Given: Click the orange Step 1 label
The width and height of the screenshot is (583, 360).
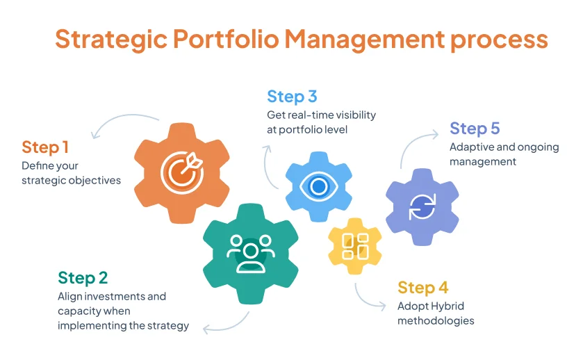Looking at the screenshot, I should click(45, 147).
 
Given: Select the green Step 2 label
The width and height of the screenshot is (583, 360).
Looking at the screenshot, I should click(83, 278).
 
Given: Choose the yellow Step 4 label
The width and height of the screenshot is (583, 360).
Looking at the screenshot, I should click(422, 288).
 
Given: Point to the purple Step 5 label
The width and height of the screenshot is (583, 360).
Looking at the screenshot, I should click(475, 129).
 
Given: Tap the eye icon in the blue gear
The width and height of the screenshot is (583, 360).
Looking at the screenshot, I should click(319, 186).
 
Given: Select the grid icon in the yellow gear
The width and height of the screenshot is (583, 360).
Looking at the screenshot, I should click(355, 246).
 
